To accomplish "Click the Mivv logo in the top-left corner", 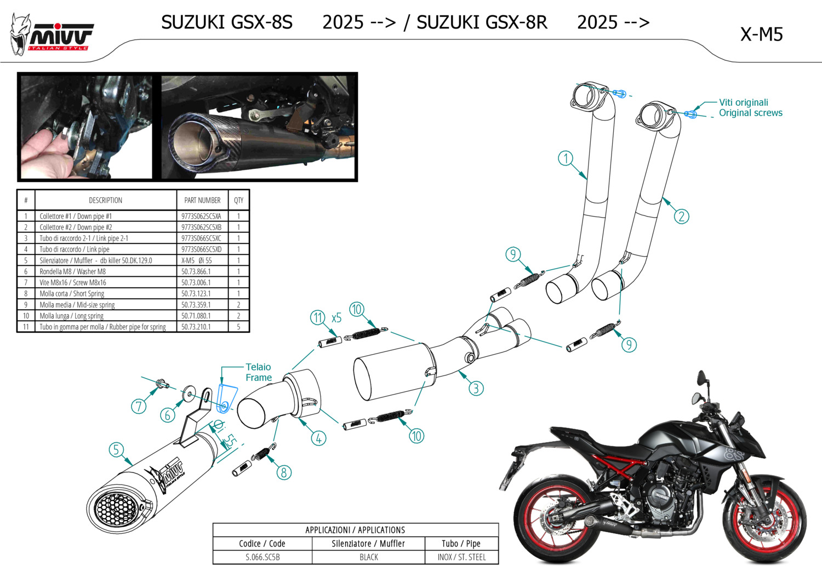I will pyautogui.click(x=52, y=36).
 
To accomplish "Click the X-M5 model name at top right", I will pyautogui.click(x=761, y=35).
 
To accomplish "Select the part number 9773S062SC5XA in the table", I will pyautogui.click(x=201, y=217).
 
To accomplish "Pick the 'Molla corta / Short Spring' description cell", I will pyautogui.click(x=72, y=294).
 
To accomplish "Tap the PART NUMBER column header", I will pyautogui.click(x=202, y=201).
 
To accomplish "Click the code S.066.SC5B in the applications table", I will pyautogui.click(x=262, y=557).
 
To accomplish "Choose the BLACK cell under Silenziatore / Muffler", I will pyautogui.click(x=368, y=557).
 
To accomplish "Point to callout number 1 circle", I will pyautogui.click(x=566, y=159).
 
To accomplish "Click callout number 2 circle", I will pyautogui.click(x=681, y=217).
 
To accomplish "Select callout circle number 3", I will pyautogui.click(x=476, y=389).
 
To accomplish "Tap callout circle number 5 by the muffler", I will pyautogui.click(x=116, y=450).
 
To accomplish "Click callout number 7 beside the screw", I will pyautogui.click(x=139, y=406).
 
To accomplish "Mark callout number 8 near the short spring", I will pyautogui.click(x=283, y=472).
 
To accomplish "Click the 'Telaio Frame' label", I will pyautogui.click(x=258, y=372).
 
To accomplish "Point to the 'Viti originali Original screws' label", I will pyautogui.click(x=750, y=108).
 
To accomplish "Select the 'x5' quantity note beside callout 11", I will pyautogui.click(x=336, y=318).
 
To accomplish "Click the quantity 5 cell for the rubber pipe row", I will pyautogui.click(x=238, y=327).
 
